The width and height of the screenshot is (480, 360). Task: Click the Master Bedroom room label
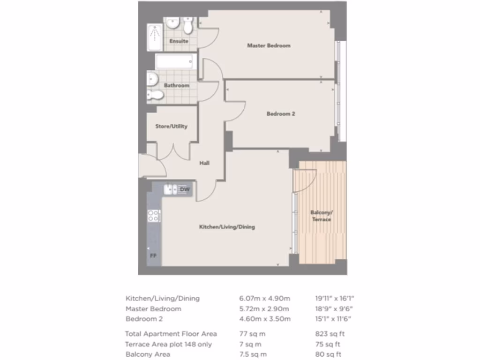point(269,45)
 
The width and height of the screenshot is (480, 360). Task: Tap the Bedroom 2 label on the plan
point(280,114)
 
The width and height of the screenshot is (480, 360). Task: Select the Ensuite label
point(179,41)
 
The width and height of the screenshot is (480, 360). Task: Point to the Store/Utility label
point(171,126)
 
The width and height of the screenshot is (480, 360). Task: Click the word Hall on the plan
point(204,163)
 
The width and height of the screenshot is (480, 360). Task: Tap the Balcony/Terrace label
point(321,216)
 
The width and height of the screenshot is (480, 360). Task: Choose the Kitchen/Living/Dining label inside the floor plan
point(227,227)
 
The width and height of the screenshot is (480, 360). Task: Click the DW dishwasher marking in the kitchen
point(185,189)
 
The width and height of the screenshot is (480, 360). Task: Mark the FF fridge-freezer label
point(153,256)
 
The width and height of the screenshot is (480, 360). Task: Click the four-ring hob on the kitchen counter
point(154,216)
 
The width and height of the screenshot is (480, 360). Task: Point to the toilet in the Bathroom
point(155,95)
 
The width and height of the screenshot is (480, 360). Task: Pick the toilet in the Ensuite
point(188,26)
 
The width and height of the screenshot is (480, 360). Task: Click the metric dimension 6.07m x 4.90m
point(264,299)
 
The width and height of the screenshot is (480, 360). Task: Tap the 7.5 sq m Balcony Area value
point(253,354)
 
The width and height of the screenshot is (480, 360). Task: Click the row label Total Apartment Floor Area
point(171,334)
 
